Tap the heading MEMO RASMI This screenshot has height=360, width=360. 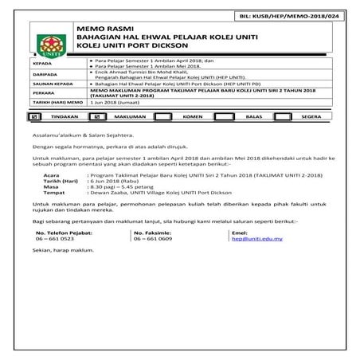pos(97,29)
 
